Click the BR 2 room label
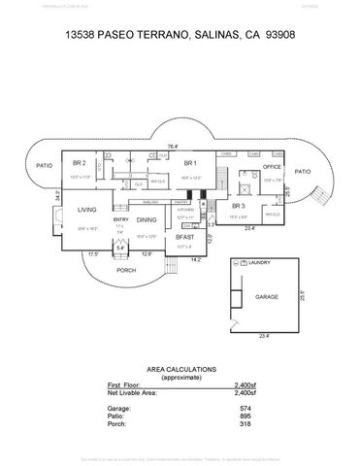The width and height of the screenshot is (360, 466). point(80,163)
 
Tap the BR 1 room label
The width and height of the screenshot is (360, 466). point(190,163)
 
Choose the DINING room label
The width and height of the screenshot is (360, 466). point(146,220)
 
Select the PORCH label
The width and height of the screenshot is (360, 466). point(126,270)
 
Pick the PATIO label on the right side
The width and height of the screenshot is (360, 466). point(303,171)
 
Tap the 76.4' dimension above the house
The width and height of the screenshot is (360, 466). point(173,146)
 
